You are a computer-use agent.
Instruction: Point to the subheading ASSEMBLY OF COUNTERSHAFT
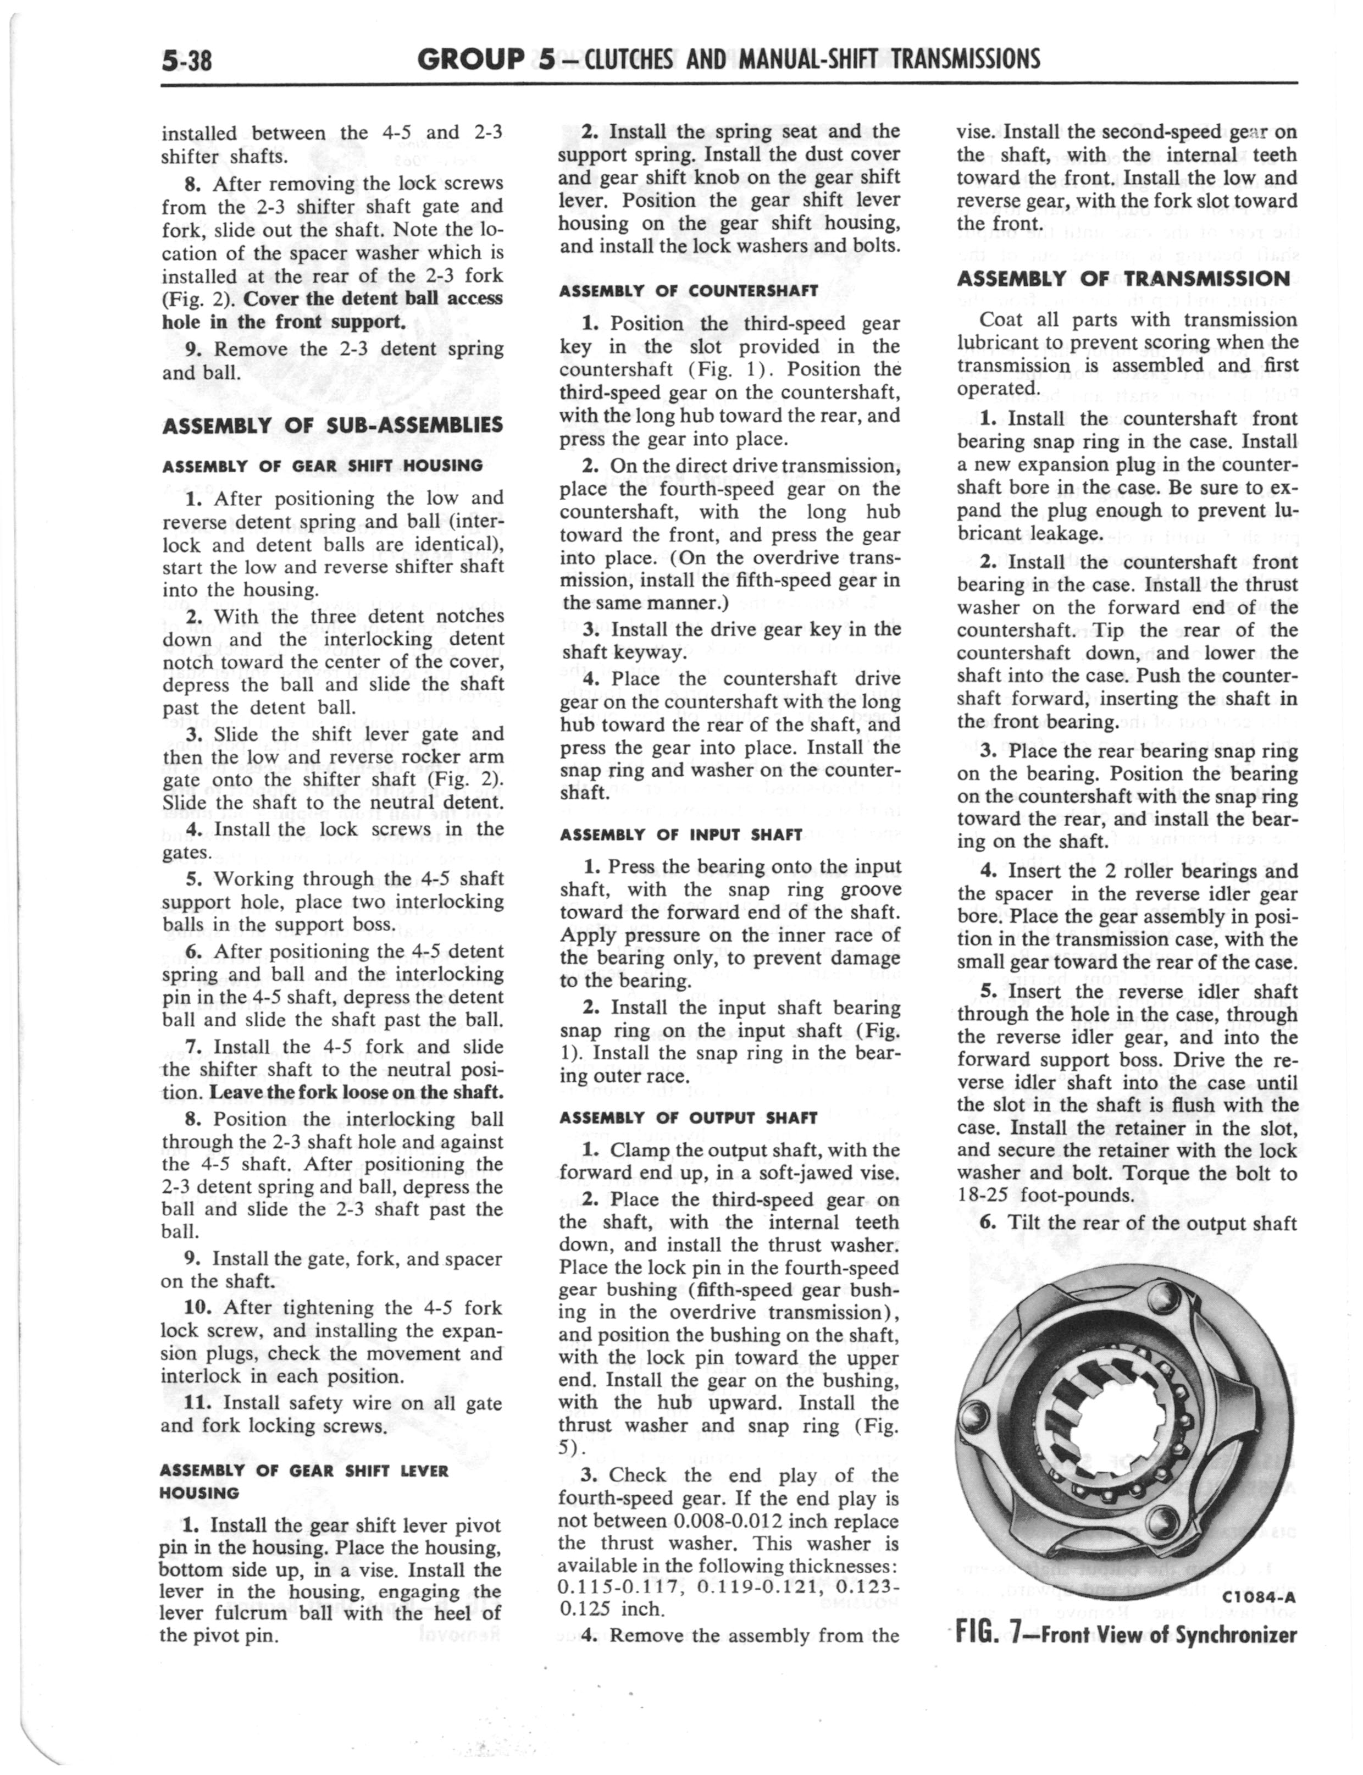click(689, 290)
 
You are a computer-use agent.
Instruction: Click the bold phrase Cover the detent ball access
click(373, 298)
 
